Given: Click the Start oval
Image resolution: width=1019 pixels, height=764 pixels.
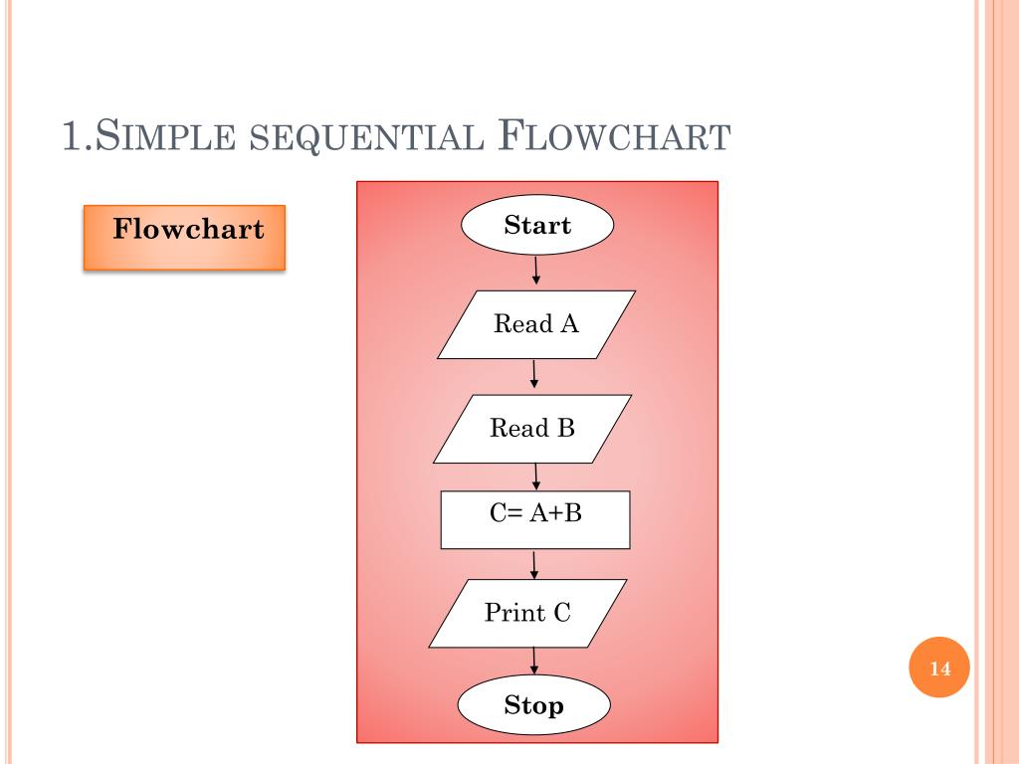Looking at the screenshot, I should [537, 226].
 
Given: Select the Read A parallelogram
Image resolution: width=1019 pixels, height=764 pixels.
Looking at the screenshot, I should [536, 324].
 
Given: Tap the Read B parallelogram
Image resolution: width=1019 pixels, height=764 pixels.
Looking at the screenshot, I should [532, 429].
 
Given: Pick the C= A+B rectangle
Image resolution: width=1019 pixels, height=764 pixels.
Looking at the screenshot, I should [535, 519].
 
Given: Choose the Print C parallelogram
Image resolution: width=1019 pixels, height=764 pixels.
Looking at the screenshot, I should [528, 613].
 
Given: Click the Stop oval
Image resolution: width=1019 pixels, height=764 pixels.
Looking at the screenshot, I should [533, 706].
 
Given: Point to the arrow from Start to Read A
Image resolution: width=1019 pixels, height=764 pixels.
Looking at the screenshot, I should [536, 271].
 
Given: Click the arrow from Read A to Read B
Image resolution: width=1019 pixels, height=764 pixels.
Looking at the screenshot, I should [535, 374].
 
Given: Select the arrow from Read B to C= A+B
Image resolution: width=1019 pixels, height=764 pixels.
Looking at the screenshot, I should [536, 476].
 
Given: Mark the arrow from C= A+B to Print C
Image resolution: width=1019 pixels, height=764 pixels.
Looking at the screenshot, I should [535, 564].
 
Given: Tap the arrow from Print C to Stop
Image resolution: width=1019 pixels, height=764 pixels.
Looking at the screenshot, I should [535, 661].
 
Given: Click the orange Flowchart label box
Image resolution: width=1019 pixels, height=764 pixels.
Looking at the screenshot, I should [184, 237].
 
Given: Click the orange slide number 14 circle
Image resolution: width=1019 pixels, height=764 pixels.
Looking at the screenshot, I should [939, 668].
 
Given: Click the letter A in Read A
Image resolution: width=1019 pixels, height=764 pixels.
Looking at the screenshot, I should [570, 324].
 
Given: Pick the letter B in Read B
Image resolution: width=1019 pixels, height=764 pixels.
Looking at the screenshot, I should [566, 429].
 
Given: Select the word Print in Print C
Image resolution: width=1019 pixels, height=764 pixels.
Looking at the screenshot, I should [514, 613].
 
